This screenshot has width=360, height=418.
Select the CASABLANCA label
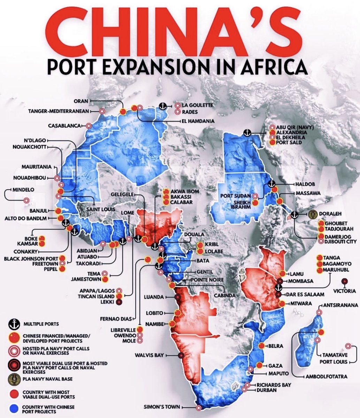[65, 125]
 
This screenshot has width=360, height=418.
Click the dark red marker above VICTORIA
[345, 281]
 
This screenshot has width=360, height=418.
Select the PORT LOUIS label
[334, 362]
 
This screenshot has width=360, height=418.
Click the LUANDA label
[154, 297]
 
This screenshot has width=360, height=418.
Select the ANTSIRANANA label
[340, 305]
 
